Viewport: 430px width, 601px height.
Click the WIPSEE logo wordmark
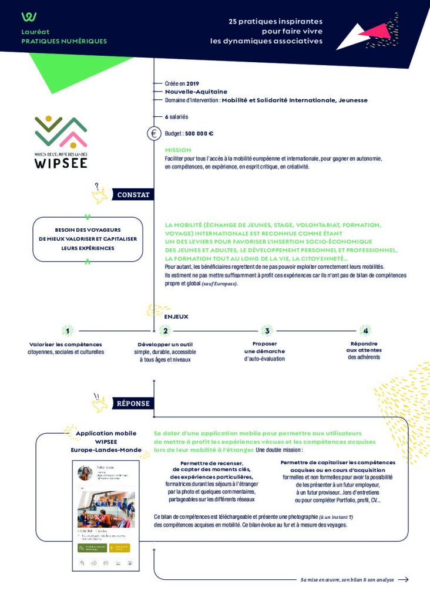[61, 162]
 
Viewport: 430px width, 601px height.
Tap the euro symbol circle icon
[153, 134]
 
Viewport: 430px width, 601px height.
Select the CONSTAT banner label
[133, 195]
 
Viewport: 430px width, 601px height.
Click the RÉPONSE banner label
[133, 403]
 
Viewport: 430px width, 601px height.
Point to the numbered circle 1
[68, 330]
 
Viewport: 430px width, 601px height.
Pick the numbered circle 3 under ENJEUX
[266, 330]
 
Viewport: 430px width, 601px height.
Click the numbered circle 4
[365, 330]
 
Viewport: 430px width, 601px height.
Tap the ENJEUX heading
[176, 316]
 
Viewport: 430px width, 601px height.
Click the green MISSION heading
[178, 150]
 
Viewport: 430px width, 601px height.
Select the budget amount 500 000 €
[199, 134]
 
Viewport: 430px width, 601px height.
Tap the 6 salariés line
[176, 117]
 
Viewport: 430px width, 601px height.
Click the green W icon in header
[29, 16]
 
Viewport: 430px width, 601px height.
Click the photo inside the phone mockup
[106, 508]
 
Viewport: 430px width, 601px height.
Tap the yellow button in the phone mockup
[119, 547]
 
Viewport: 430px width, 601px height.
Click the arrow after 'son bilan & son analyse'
[403, 579]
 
